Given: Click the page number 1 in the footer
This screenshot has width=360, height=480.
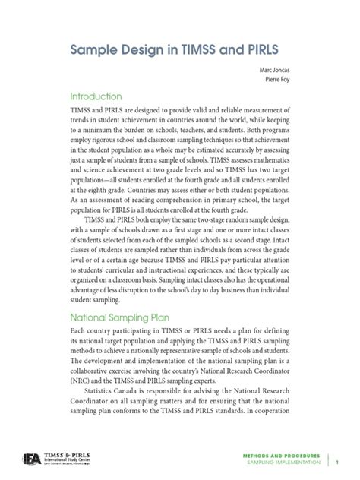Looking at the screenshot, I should (x=338, y=460).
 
